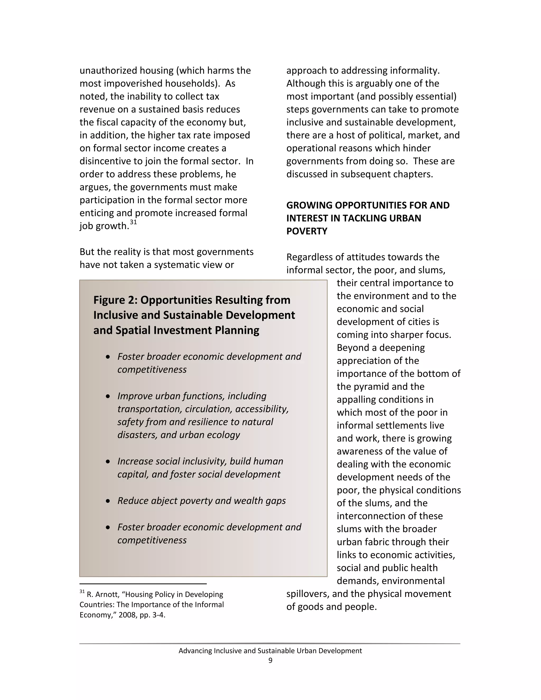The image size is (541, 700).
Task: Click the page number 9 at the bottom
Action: (270, 660)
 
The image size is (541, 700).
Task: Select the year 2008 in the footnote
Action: (128, 615)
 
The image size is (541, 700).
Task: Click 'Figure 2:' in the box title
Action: (115, 300)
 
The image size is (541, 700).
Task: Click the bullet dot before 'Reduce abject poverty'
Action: (108, 501)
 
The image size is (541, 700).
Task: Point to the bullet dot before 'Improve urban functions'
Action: (108, 396)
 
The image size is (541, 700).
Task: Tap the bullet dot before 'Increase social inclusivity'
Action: (108, 461)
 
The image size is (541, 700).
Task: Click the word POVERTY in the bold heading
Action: (307, 231)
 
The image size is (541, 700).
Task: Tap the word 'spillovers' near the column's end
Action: (308, 594)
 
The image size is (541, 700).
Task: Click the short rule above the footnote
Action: (143, 584)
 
